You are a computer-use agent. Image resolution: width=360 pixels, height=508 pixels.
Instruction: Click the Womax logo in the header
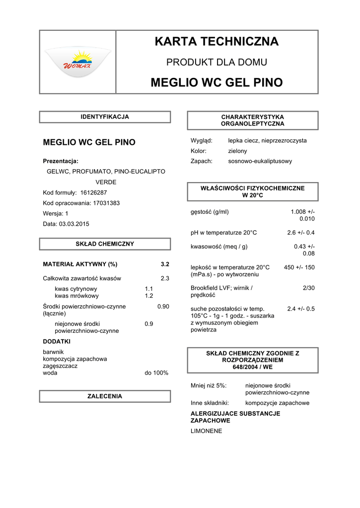(77, 63)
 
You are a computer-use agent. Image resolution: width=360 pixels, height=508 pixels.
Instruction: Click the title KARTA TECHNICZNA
(216, 42)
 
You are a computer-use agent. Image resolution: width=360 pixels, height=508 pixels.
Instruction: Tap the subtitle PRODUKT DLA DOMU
(216, 63)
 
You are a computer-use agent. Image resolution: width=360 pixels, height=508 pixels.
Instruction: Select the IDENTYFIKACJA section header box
(105, 117)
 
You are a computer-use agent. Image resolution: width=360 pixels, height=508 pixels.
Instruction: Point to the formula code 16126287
(93, 192)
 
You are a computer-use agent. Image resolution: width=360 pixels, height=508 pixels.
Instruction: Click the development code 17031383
(106, 203)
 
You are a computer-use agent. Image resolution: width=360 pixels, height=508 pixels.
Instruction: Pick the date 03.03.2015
(74, 224)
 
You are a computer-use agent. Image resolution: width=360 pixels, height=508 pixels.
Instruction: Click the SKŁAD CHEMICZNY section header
(105, 244)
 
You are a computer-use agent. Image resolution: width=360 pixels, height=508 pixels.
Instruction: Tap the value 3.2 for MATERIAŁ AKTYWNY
(165, 264)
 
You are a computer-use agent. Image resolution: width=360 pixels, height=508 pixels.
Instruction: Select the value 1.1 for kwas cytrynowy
(149, 289)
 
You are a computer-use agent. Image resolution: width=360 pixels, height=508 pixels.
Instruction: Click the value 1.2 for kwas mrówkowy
(149, 296)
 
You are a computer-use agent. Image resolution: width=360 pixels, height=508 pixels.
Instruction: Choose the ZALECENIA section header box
(105, 396)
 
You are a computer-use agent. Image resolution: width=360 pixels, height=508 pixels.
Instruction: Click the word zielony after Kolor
(237, 151)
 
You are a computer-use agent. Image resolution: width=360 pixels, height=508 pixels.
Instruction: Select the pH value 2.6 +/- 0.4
(301, 233)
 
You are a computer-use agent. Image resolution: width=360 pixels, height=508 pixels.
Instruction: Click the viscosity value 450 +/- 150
(299, 267)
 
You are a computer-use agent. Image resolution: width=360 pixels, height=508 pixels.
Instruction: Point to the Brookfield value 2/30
(308, 288)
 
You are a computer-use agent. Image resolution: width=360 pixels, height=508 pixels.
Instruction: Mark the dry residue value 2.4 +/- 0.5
(301, 309)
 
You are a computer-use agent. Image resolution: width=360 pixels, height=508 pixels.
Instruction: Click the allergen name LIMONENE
(206, 431)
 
